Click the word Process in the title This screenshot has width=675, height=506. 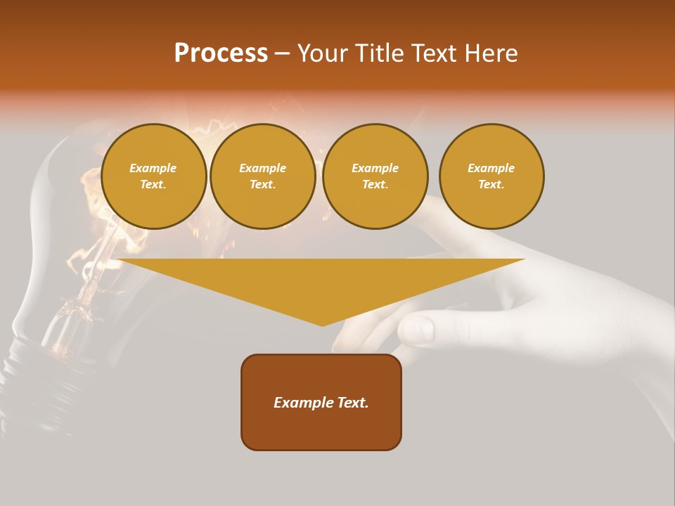(221, 53)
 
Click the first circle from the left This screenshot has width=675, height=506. (153, 176)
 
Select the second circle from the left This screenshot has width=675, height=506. (263, 176)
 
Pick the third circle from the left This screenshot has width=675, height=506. (375, 176)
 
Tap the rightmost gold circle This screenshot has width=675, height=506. (491, 176)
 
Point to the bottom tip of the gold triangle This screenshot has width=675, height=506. (322, 325)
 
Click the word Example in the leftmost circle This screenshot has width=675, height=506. (153, 168)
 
